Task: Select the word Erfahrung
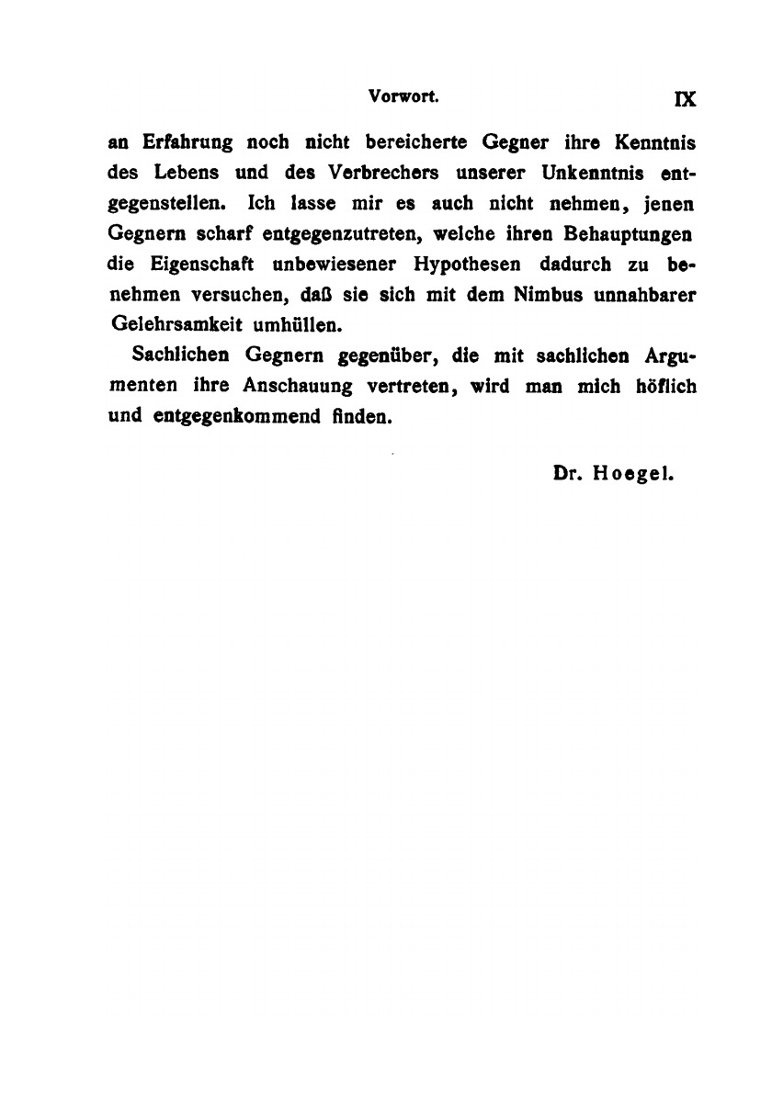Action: pyautogui.click(x=189, y=144)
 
